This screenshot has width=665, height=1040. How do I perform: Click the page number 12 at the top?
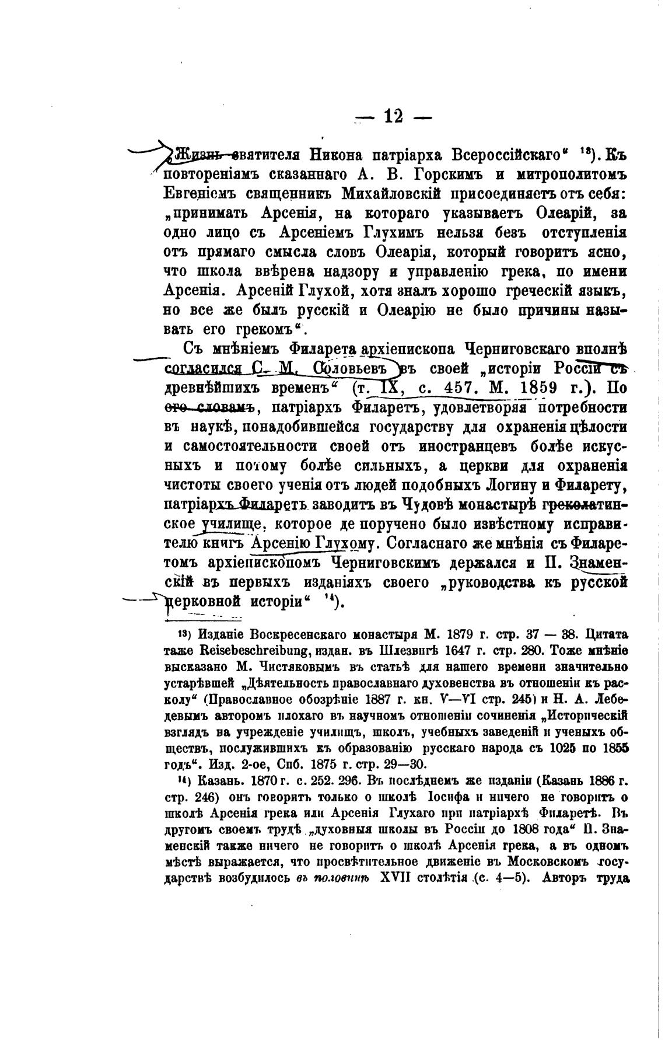393,117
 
